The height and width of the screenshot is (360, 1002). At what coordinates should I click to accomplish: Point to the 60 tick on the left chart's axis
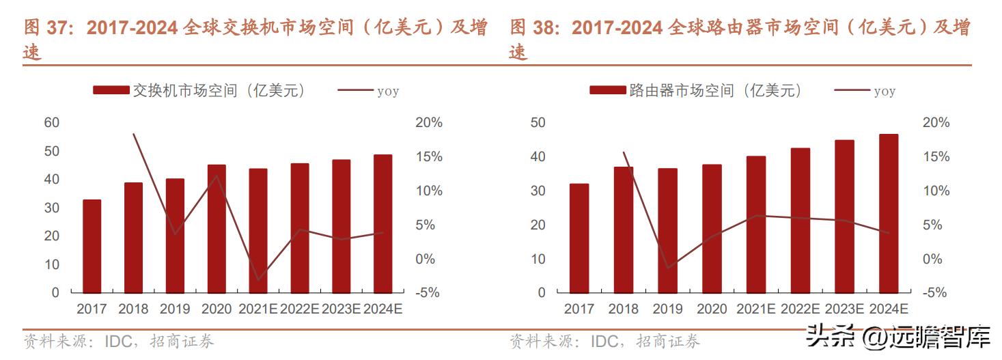tap(52, 123)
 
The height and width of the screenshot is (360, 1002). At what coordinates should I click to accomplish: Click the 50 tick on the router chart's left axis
tap(538, 123)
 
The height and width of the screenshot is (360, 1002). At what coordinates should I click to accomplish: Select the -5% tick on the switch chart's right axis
tap(429, 293)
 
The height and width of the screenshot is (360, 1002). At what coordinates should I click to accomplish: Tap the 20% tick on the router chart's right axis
tap(936, 123)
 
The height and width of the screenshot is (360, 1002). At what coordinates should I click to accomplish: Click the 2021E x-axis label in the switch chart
tap(258, 309)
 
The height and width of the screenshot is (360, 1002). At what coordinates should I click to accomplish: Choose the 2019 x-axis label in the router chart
tap(667, 309)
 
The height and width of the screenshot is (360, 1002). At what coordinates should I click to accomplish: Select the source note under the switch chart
tap(119, 341)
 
